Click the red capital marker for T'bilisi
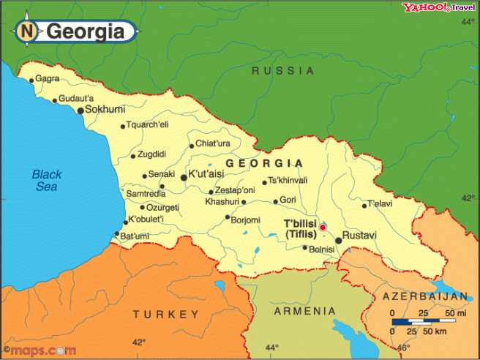click(x=323, y=227)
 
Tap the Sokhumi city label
click(x=105, y=110)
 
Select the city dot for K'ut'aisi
click(x=183, y=176)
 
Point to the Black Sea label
click(x=48, y=180)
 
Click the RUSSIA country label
click(x=282, y=71)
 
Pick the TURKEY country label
click(x=165, y=314)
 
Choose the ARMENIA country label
click(x=304, y=311)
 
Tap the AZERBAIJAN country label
click(x=425, y=296)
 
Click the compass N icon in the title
click(x=27, y=31)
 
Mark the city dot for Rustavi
click(x=339, y=239)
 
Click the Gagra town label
click(x=47, y=78)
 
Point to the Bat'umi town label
click(x=135, y=236)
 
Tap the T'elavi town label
click(x=380, y=203)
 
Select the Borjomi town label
click(x=246, y=219)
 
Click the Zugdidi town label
click(x=152, y=154)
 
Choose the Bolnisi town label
click(x=323, y=250)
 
